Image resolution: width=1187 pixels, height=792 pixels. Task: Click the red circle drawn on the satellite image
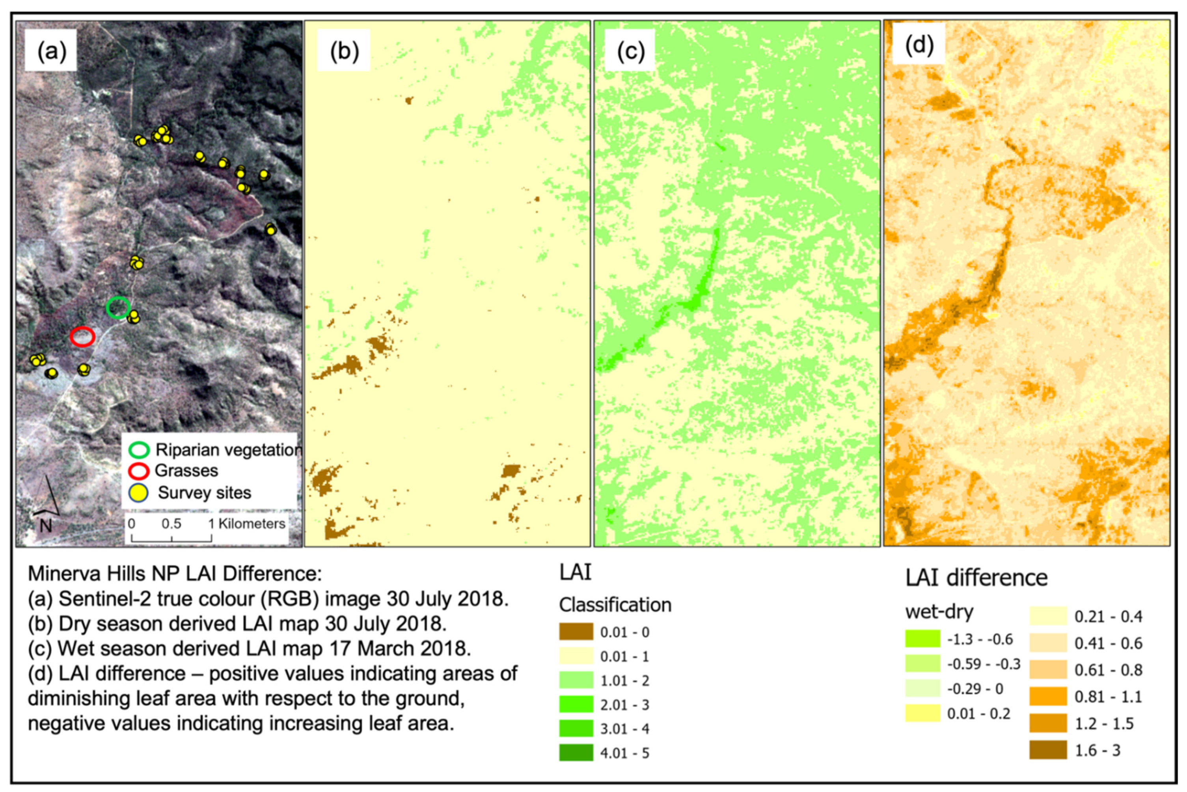tap(82, 336)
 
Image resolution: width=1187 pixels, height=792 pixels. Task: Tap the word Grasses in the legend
tap(186, 471)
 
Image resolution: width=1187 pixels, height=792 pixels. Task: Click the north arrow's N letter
tap(45, 526)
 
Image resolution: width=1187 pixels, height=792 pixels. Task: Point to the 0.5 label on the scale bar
tap(171, 524)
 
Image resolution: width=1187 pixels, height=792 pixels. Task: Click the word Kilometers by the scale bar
tap(252, 524)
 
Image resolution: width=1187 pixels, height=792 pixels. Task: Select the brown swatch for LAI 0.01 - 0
tap(576, 632)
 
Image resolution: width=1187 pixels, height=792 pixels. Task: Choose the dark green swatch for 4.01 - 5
tap(576, 753)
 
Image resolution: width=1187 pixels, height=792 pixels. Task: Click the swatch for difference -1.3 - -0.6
tap(922, 639)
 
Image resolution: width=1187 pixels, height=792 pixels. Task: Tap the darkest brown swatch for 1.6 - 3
tap(1048, 750)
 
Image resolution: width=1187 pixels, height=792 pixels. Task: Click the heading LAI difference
tap(976, 577)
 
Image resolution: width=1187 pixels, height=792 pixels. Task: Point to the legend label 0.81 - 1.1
tap(1108, 697)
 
